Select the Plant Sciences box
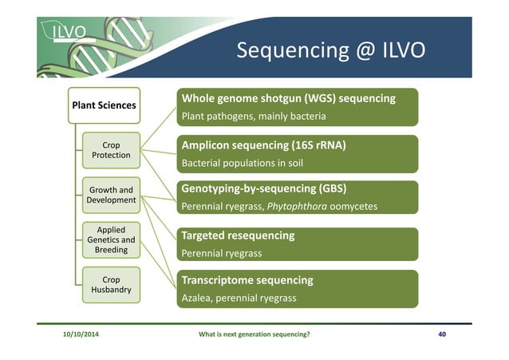(104, 105)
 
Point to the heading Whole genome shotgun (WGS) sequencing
(289, 98)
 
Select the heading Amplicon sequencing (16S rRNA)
(263, 145)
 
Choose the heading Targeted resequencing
(238, 235)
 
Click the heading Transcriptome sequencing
(247, 280)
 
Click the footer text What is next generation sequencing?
(254, 334)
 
